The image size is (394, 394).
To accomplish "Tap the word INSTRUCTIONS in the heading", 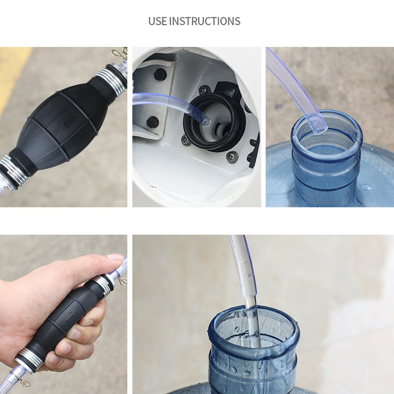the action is tap(205, 21).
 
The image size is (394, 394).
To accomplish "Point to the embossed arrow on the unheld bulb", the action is tap(68, 124).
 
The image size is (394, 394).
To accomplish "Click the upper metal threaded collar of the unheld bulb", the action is tap(112, 81).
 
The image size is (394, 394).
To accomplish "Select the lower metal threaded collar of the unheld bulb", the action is tap(13, 171).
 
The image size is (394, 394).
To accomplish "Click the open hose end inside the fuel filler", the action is tap(206, 123).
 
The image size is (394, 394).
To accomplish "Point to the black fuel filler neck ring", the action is tap(214, 123).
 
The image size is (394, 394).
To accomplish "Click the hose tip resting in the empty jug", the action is tap(319, 124).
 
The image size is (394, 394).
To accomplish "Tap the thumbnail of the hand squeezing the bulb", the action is tap(114, 257).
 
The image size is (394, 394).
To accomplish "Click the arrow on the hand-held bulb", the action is tap(71, 316).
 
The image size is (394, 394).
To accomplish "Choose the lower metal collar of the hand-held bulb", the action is tap(29, 360).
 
